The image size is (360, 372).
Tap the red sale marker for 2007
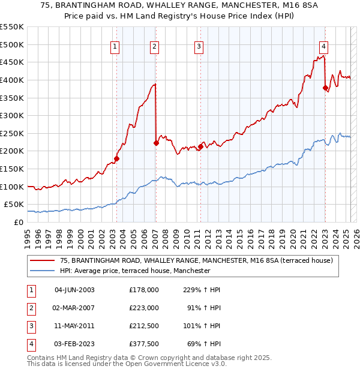(x=156, y=143)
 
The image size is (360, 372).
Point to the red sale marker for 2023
(x=325, y=88)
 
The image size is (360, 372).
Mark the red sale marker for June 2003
(x=117, y=159)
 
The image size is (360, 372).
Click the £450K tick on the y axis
(x=12, y=62)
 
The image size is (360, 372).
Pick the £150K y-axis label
(x=12, y=169)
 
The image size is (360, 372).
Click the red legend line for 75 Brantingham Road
(x=43, y=260)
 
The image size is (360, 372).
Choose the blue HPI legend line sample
(x=43, y=271)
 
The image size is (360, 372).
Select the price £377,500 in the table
(x=143, y=344)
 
